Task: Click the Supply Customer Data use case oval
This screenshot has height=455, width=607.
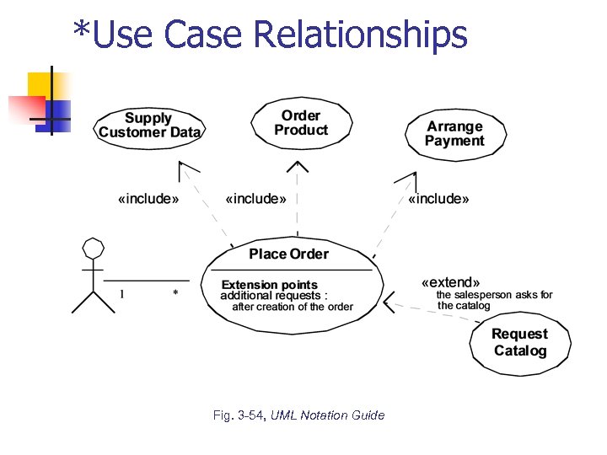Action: tap(149, 126)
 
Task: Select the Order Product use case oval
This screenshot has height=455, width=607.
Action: tap(300, 123)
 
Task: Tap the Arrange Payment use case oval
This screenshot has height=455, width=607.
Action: tap(454, 134)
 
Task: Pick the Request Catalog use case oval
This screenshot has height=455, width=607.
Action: tap(520, 343)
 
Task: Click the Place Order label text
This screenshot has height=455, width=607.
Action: tap(288, 254)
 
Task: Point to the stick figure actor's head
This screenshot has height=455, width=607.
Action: tap(93, 248)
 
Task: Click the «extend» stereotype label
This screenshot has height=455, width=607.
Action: tap(450, 282)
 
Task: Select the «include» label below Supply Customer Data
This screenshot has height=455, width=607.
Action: tap(148, 199)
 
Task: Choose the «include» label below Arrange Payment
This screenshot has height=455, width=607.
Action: tap(438, 199)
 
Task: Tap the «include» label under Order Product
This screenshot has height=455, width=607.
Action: tap(255, 199)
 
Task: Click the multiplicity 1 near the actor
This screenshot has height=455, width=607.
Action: tap(121, 293)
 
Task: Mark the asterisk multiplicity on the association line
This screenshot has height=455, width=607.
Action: tap(175, 293)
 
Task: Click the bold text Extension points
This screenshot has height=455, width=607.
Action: tap(269, 285)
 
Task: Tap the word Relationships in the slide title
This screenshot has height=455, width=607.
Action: tap(360, 34)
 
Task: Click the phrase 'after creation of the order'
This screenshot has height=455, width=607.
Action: tap(293, 307)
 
